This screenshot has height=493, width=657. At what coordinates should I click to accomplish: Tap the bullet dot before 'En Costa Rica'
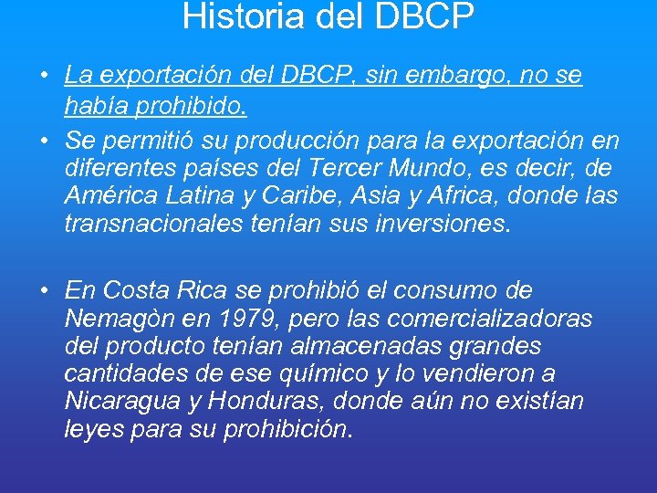pyautogui.click(x=44, y=291)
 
